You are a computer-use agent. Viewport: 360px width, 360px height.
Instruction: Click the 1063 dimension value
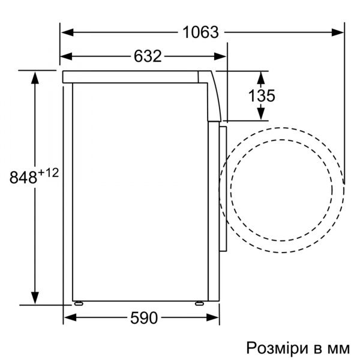[x=200, y=32]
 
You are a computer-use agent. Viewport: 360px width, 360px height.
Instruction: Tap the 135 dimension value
[x=262, y=95]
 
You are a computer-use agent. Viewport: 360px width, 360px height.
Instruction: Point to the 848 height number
[x=25, y=177]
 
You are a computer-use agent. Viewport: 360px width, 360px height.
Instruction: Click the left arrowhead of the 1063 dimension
[x=67, y=32]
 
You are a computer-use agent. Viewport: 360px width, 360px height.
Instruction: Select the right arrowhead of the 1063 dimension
[x=338, y=32]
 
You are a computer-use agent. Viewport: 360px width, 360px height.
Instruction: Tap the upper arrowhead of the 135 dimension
[x=262, y=76]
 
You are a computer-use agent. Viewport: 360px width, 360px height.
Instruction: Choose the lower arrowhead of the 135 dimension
[x=262, y=115]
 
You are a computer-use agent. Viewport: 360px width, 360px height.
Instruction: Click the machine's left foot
[x=79, y=302]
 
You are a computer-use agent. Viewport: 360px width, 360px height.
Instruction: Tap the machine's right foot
[x=197, y=302]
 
